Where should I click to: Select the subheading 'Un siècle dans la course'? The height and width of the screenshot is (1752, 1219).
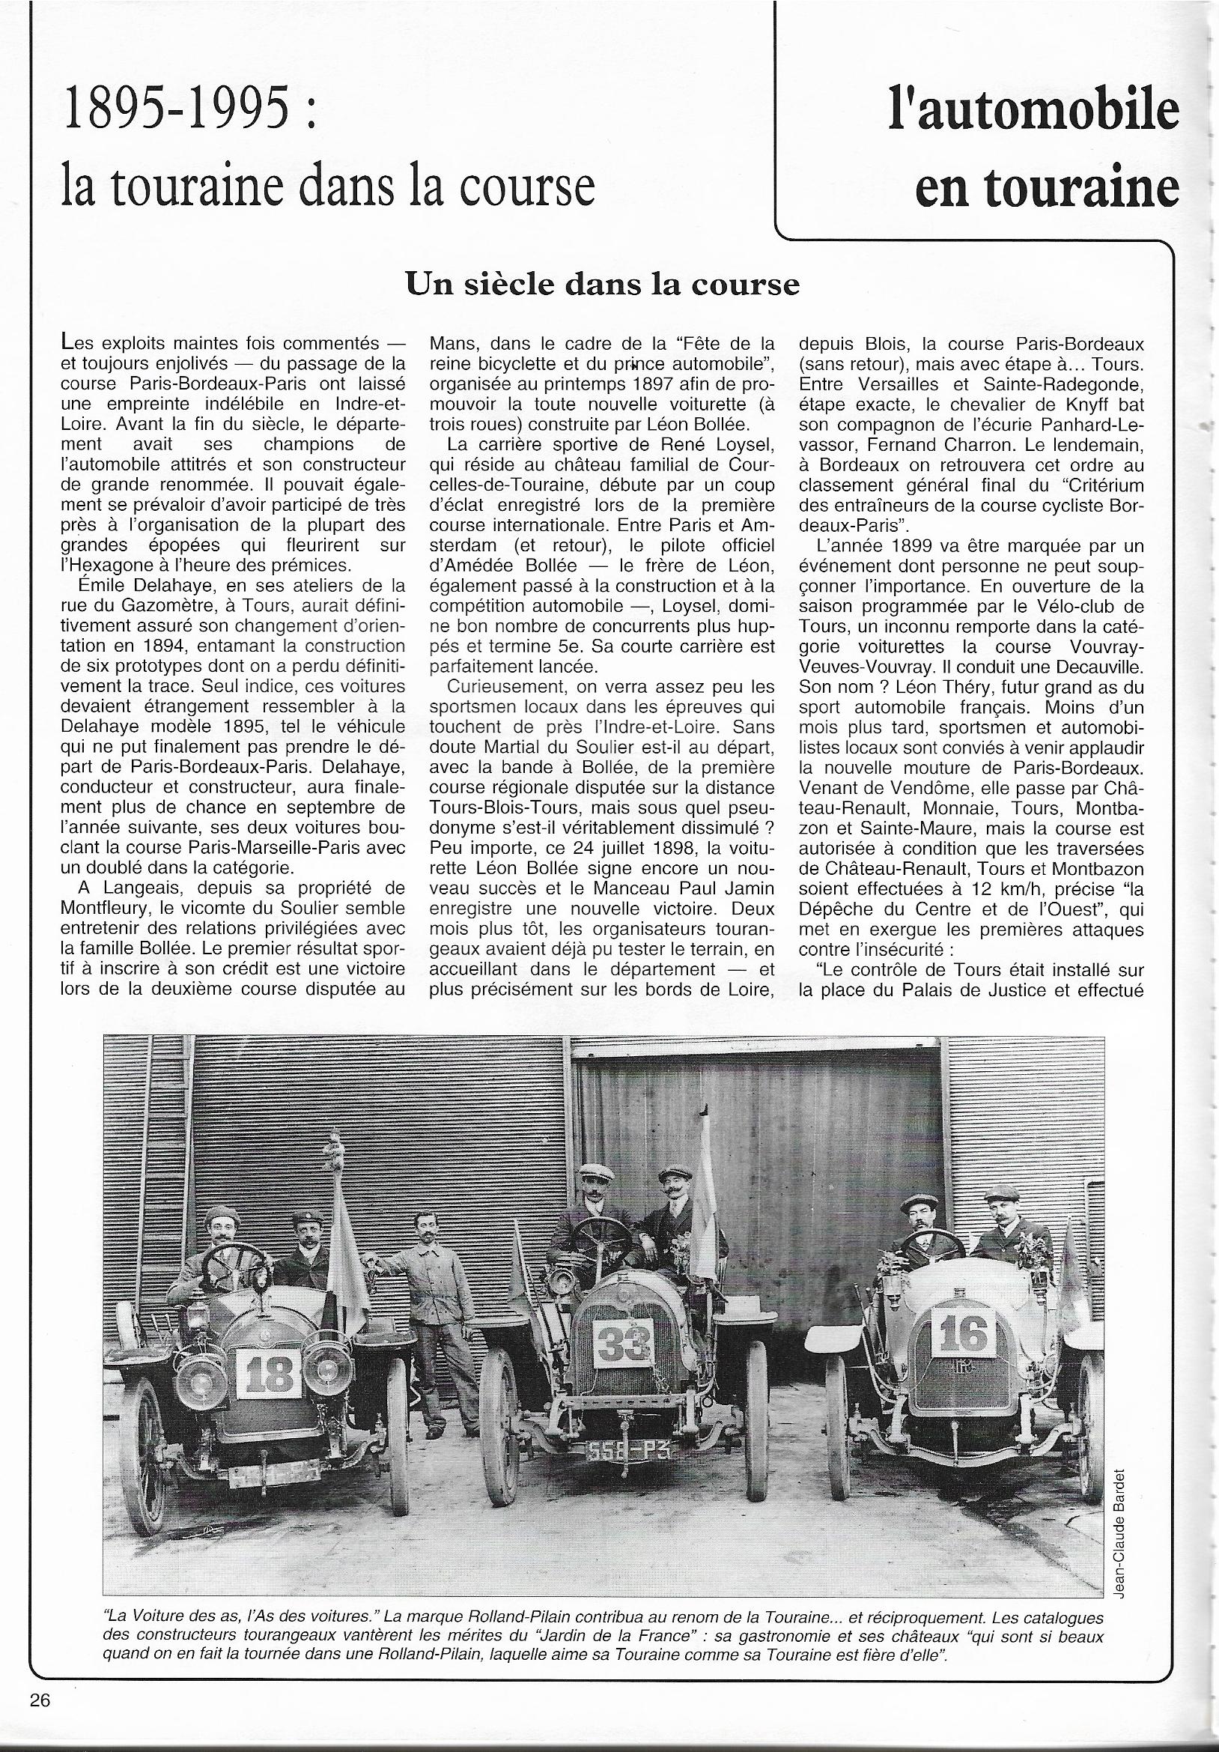[x=603, y=285]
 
